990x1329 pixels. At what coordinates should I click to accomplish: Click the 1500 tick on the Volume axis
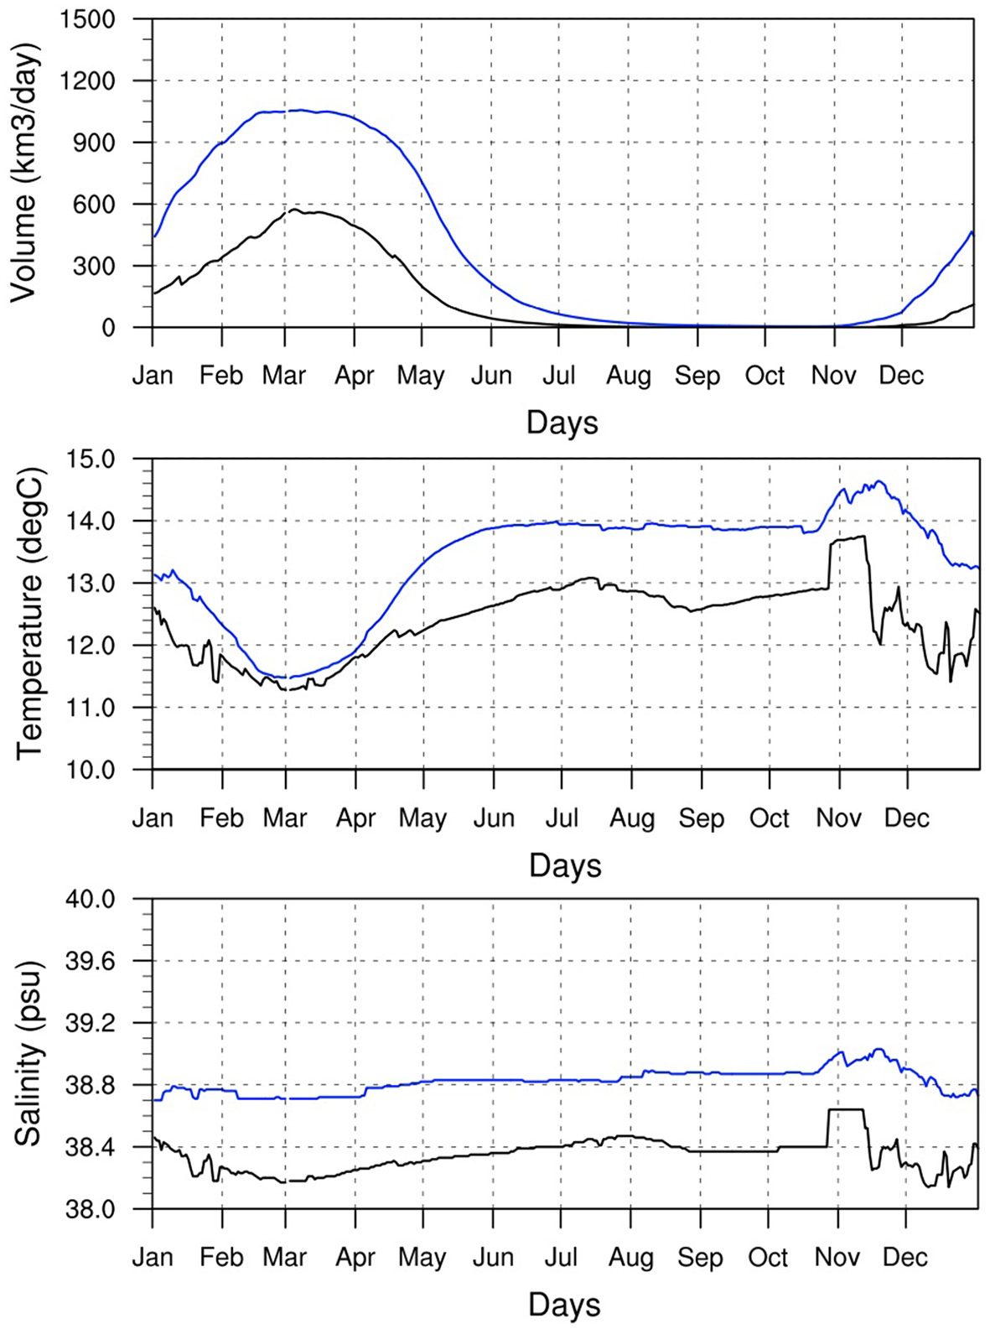[x=87, y=18]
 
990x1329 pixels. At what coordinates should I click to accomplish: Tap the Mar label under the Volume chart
[x=284, y=376]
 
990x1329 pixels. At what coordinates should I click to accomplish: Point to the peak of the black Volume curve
[x=294, y=210]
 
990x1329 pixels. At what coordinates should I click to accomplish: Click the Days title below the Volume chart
[x=562, y=423]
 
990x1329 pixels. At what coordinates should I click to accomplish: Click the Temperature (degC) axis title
[x=29, y=614]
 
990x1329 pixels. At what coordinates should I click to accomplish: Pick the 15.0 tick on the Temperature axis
[x=91, y=459]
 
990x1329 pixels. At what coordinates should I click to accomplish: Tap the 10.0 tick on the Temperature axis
[x=91, y=770]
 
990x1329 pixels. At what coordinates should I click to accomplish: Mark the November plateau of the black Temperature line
[x=847, y=539]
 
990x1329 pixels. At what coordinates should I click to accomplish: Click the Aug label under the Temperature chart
[x=632, y=818]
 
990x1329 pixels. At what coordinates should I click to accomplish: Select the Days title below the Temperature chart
[x=565, y=865]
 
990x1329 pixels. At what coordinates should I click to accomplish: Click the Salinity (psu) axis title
[x=27, y=1053]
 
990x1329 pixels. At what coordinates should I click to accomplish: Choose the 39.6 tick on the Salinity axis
[x=91, y=961]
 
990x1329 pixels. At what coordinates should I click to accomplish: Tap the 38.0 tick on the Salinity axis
[x=91, y=1209]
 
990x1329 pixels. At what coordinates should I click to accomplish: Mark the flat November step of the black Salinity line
[x=845, y=1110]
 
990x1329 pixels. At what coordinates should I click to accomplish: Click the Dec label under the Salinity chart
[x=905, y=1258]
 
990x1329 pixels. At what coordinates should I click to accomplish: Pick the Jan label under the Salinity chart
[x=153, y=1258]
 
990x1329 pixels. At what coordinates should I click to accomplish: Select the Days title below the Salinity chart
[x=564, y=1305]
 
